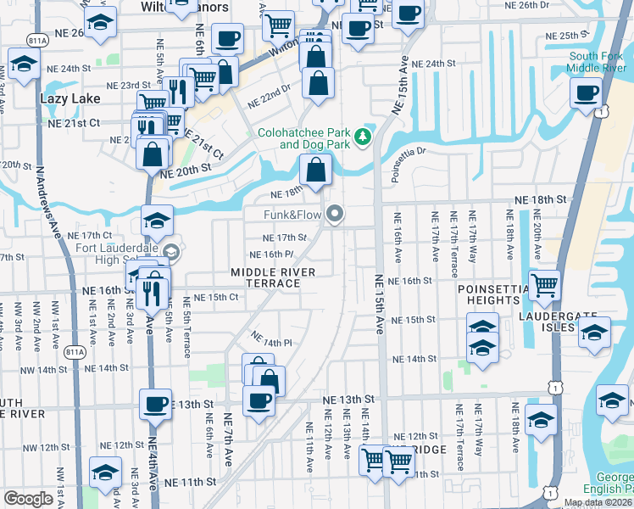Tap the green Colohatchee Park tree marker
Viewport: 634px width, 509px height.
364,136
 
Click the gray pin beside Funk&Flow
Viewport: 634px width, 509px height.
336,215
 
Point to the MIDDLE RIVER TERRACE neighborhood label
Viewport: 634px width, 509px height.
274,277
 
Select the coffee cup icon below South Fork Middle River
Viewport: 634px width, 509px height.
586,93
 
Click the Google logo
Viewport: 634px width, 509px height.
28,499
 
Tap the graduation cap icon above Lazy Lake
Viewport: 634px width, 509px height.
24,64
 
